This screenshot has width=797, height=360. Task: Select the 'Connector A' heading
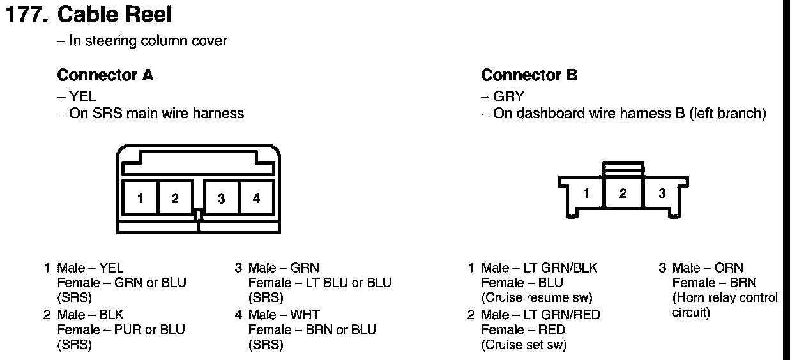coord(105,75)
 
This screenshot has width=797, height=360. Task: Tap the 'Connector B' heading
coord(529,75)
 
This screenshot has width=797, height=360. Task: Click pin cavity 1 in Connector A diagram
coord(140,198)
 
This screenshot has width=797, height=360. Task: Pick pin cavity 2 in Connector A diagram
coord(175,198)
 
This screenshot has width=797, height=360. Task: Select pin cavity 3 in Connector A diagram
coord(221,198)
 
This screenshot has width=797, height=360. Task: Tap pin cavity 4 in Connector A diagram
coord(256,198)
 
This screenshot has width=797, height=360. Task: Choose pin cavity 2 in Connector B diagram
coord(623,193)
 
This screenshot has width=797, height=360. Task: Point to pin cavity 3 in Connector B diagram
coord(662,193)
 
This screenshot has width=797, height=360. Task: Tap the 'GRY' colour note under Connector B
coord(508,97)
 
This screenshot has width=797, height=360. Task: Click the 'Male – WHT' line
coord(284,315)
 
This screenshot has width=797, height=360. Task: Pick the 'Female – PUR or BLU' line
coord(121,330)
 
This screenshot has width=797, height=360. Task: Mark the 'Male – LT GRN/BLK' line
coord(539,268)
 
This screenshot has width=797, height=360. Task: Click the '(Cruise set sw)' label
coord(524,345)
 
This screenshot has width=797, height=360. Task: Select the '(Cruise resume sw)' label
coord(536,298)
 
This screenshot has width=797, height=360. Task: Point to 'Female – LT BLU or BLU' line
coord(319,283)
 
